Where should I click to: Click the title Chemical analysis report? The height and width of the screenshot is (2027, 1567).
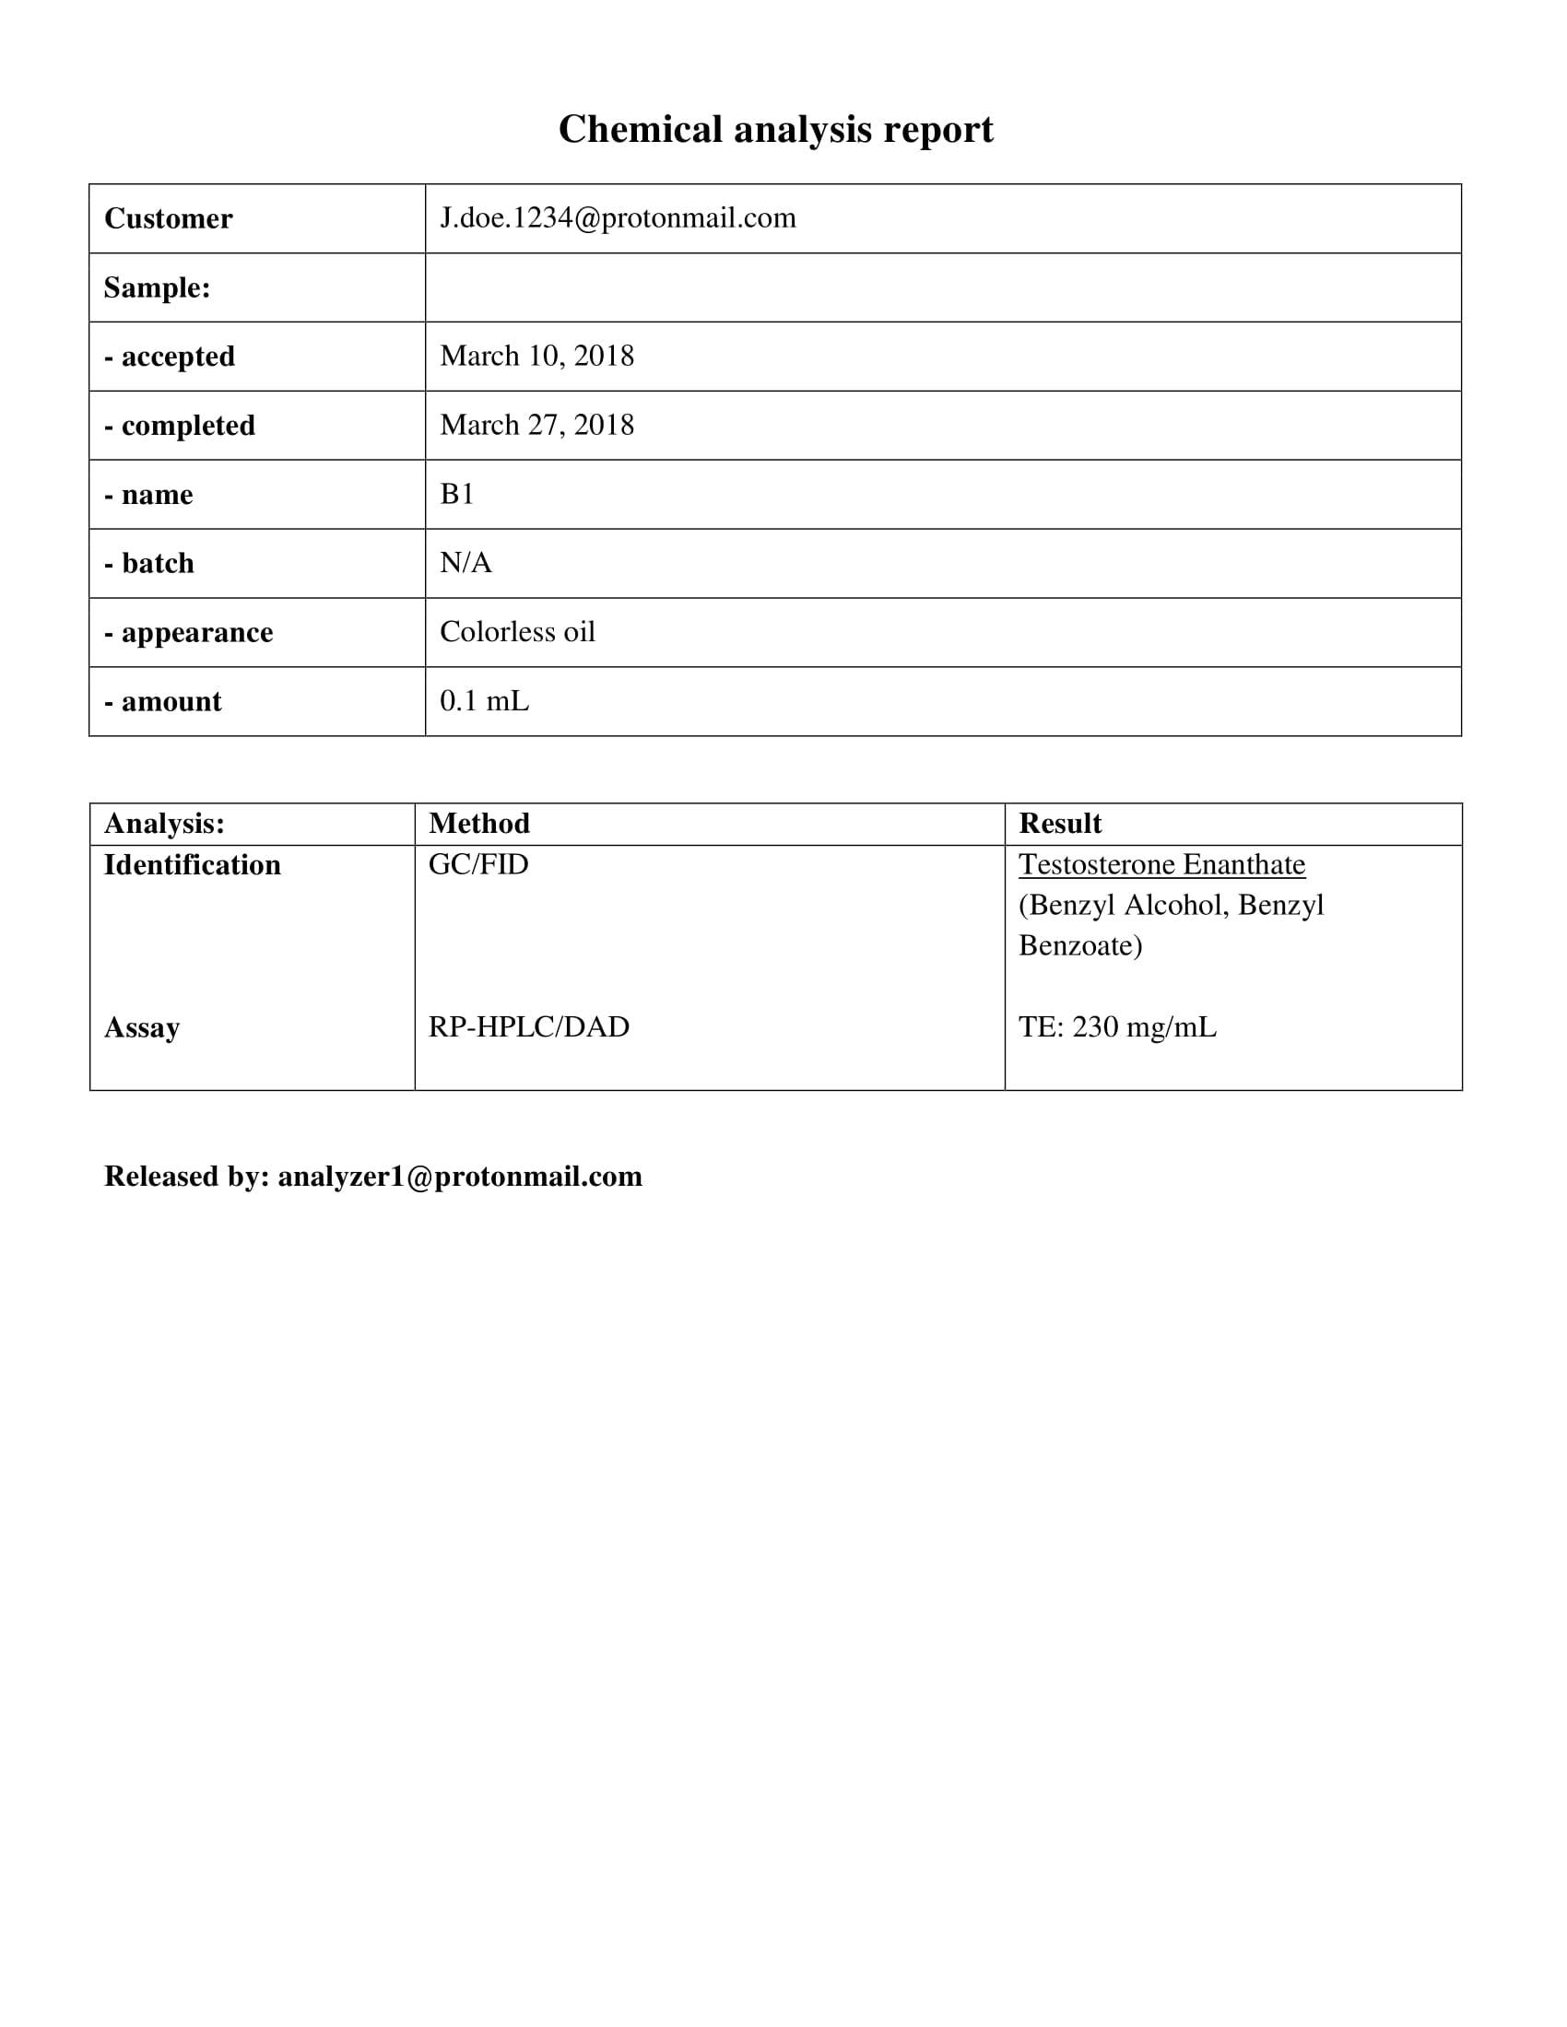coord(775,129)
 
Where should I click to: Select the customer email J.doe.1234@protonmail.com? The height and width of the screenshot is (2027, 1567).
coord(618,218)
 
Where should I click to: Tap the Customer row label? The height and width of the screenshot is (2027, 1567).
coord(168,219)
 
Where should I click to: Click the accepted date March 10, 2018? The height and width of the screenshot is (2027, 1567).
coord(536,357)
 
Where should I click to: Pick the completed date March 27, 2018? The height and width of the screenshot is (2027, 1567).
coord(536,425)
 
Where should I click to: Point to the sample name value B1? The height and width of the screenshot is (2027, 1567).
coord(456,494)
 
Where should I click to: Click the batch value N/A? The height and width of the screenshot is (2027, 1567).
coord(465,563)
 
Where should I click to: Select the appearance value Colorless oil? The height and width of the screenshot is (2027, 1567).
coord(517,632)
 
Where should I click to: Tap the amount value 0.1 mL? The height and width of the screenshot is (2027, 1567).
coord(484,701)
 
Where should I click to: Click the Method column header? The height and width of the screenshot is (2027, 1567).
coord(479,823)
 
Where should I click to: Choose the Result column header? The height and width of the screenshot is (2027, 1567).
coord(1060,823)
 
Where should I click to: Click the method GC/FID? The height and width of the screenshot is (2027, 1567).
coord(478,865)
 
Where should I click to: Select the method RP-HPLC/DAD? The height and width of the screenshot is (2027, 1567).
coord(528,1027)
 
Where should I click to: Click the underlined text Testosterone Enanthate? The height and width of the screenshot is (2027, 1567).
coord(1161,865)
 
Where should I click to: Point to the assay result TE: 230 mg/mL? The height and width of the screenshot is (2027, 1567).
coord(1117,1027)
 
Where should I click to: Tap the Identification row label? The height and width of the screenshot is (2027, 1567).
coord(192,865)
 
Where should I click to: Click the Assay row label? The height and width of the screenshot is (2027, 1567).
coord(142,1027)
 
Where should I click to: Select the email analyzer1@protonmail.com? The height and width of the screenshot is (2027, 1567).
coord(460,1177)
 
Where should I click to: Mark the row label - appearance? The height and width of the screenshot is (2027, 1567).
coord(188,632)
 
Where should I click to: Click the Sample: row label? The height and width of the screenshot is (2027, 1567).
coord(157,287)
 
